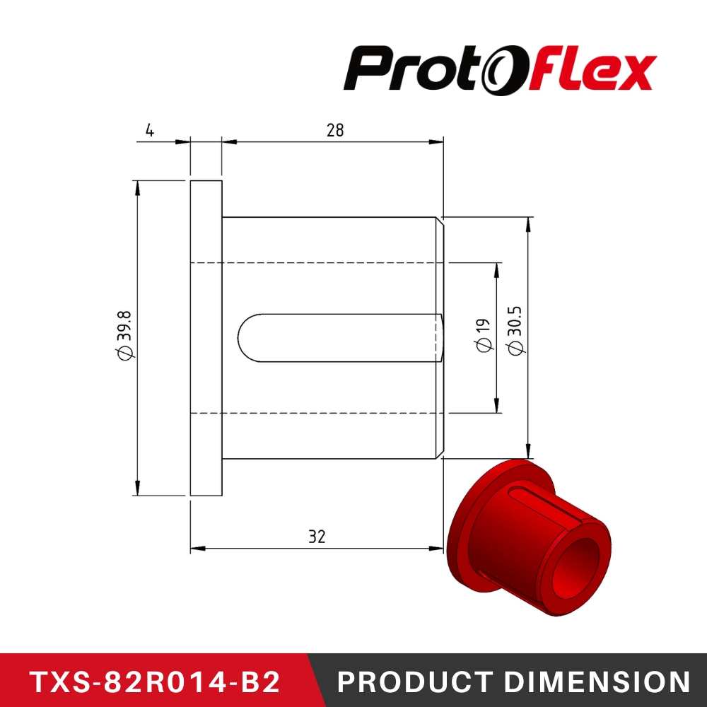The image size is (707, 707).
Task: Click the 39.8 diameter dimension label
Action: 125,338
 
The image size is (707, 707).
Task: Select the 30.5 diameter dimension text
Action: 515,330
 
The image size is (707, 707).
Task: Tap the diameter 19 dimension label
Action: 484,334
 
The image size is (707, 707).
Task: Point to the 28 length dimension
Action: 334,131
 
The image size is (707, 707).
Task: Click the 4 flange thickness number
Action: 149,130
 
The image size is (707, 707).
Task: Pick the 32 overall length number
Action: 316,537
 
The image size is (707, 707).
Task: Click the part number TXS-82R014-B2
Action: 155,682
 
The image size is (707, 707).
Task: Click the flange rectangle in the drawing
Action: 206,338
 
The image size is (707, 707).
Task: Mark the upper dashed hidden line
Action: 318,263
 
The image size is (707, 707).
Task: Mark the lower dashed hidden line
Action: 318,412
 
